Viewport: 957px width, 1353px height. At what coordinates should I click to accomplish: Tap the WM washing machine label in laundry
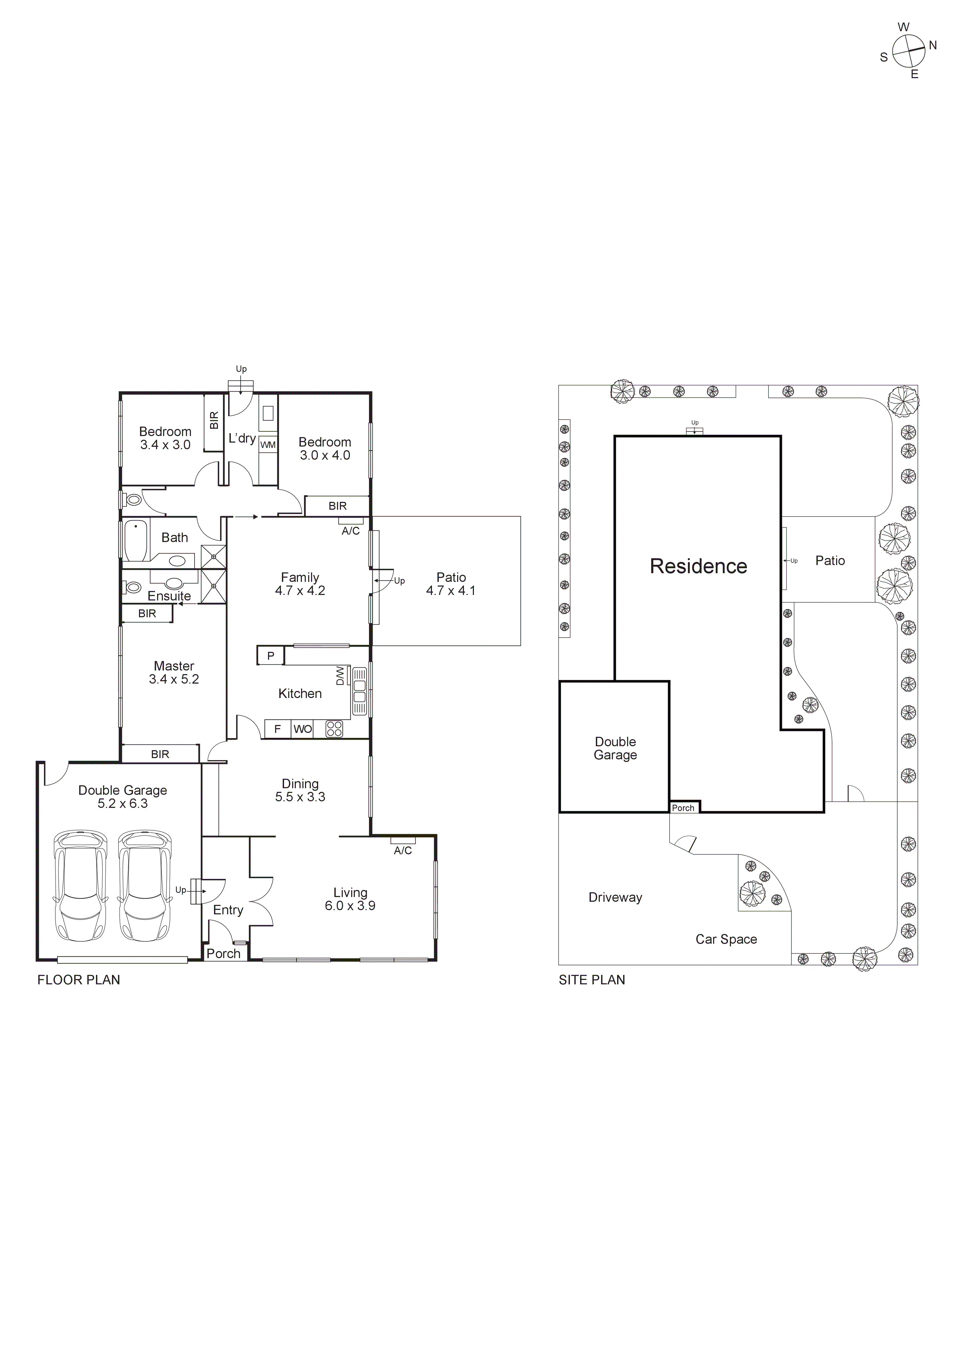point(268,445)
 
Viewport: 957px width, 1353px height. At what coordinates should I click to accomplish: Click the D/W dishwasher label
point(340,675)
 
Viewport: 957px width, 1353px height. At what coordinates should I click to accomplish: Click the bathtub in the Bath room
point(136,541)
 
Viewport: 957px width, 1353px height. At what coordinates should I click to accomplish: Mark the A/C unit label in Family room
point(351,531)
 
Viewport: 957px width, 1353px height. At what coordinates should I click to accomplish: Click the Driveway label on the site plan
point(615,898)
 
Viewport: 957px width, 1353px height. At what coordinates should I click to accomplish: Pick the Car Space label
point(726,939)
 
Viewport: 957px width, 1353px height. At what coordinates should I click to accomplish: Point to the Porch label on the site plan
point(683,808)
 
